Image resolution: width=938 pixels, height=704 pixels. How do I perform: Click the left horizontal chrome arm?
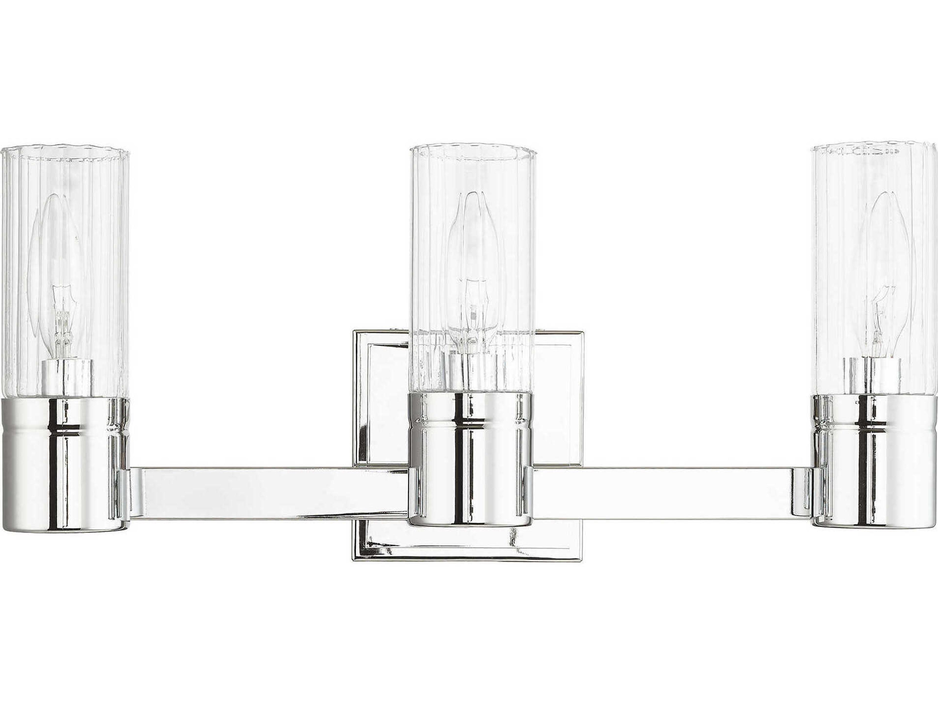click(267, 492)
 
